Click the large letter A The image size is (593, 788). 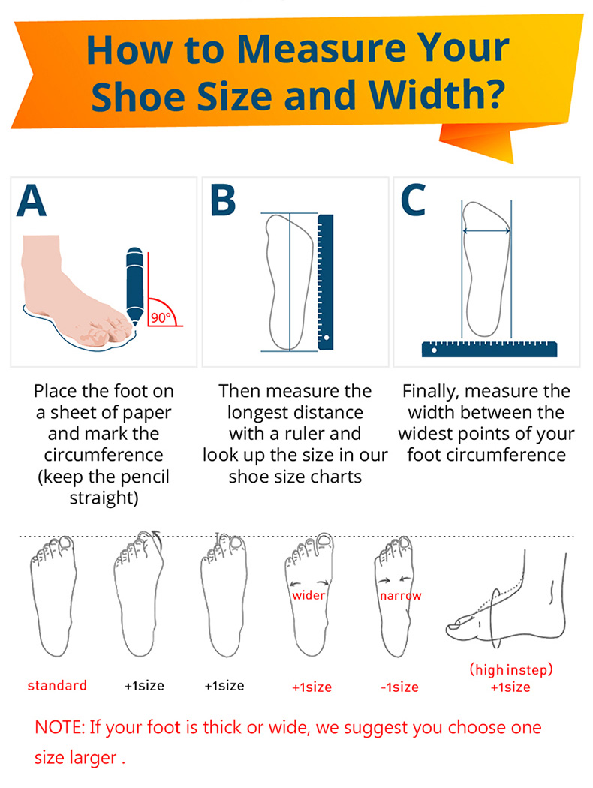click(x=32, y=200)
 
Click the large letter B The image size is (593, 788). click(x=223, y=200)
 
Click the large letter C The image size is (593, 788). click(x=413, y=200)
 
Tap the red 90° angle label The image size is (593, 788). click(x=161, y=317)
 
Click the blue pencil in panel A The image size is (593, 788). click(x=134, y=284)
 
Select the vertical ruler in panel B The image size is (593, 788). click(x=326, y=282)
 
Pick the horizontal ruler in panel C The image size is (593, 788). click(x=489, y=349)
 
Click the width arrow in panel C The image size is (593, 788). click(x=486, y=230)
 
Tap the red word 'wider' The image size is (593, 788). click(x=309, y=596)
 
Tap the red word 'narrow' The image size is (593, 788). click(x=401, y=596)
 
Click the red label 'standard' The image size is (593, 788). click(x=57, y=685)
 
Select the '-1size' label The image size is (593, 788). click(x=399, y=687)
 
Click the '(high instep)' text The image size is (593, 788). click(x=511, y=670)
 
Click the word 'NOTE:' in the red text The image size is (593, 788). click(x=60, y=727)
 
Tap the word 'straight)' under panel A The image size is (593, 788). click(x=104, y=498)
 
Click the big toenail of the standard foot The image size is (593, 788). click(x=66, y=543)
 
